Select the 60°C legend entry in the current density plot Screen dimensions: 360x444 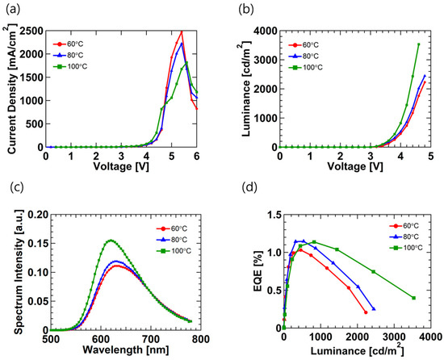(x=71, y=43)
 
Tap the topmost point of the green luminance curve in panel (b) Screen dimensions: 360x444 (x=418, y=44)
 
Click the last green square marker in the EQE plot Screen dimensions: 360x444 (x=413, y=298)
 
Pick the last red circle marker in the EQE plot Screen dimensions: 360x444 (x=366, y=312)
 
